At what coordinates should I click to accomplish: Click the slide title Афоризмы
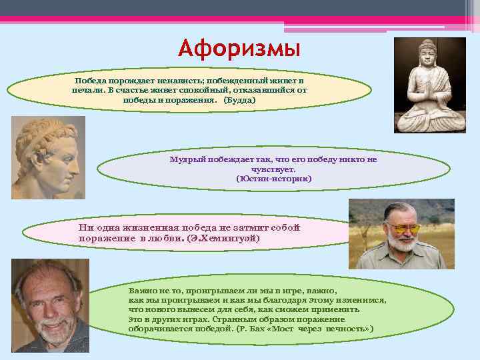(239, 49)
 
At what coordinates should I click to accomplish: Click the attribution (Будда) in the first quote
(239, 99)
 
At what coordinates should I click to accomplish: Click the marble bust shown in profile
(48, 157)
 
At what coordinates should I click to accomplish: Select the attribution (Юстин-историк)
(273, 179)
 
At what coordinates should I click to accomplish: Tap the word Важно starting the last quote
(141, 291)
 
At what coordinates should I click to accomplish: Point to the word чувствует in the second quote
(273, 169)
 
